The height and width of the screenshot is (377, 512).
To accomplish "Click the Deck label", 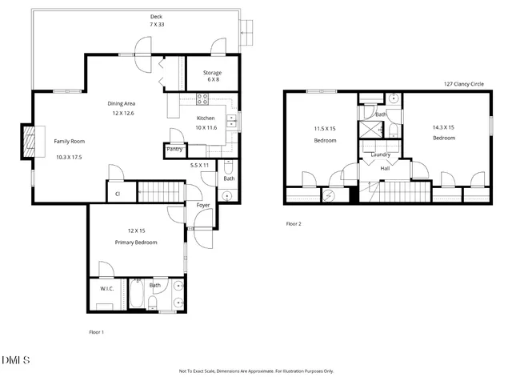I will tap(155, 17).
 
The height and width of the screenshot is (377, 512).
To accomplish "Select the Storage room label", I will tap(212, 73).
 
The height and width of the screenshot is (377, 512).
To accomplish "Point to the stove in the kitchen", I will tap(202, 100).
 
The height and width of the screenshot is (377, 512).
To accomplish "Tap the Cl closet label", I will tap(117, 193).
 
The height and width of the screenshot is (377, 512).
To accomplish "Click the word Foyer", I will tap(203, 205).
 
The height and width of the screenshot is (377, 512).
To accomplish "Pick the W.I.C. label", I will tap(106, 288).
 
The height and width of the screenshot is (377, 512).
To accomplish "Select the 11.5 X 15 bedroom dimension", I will tap(325, 128).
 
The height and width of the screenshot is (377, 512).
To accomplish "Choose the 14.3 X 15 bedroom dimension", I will tap(444, 126).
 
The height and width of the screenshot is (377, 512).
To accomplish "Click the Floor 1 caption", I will tap(96, 331).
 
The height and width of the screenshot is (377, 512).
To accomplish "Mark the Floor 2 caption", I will tap(294, 223).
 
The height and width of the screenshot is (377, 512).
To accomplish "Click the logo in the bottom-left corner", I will tap(16, 358).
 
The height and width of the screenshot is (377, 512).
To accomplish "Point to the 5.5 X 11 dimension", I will tap(200, 165).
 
